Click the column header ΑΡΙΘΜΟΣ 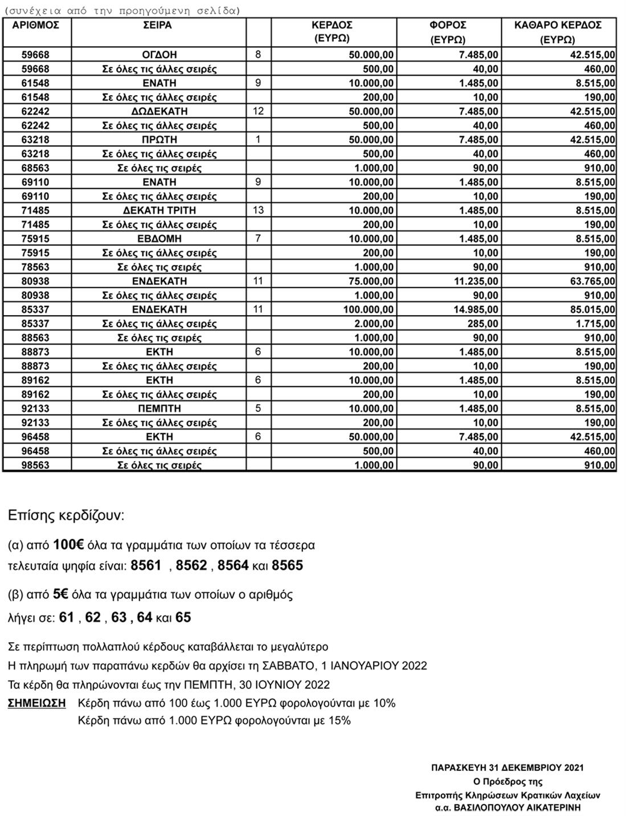35,26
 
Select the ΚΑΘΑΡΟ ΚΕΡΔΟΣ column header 558,26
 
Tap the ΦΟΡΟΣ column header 448,26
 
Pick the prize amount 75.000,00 368,281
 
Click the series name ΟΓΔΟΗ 159,55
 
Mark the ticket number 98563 35,465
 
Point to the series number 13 258,210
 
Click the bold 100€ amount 68,545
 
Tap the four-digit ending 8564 233,565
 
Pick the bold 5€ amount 60,594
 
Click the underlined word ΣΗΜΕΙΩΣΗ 36,703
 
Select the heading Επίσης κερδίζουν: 66,516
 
